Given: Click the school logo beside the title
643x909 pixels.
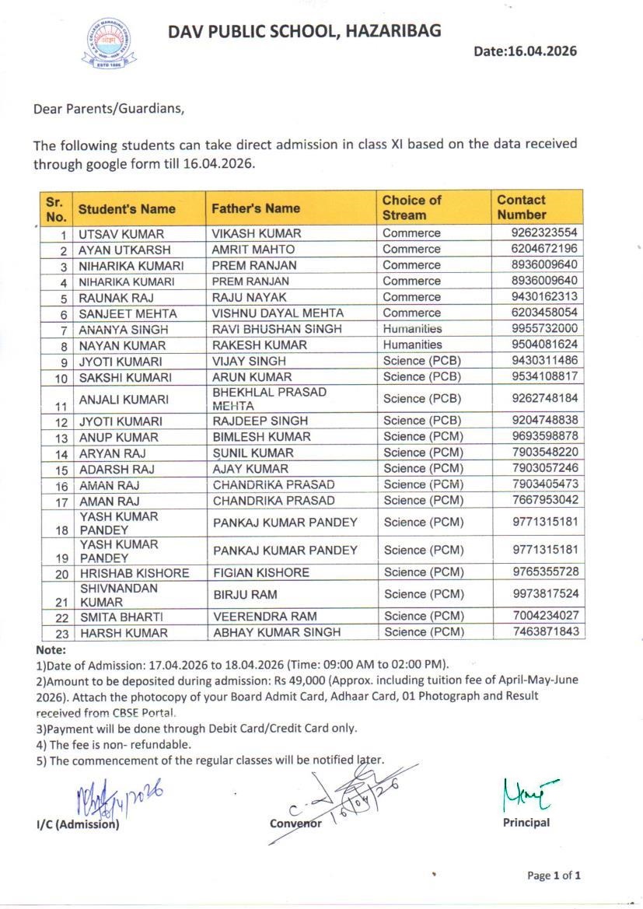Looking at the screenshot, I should pyautogui.click(x=110, y=44).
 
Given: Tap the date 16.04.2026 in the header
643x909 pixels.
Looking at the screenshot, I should pyautogui.click(x=526, y=51).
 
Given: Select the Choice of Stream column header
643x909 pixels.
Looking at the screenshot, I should pyautogui.click(x=411, y=208).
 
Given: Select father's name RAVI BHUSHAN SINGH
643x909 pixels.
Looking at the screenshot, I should pyautogui.click(x=278, y=329).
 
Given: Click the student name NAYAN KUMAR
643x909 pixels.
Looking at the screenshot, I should pyautogui.click(x=122, y=345).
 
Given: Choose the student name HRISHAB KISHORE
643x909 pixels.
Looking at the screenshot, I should pyautogui.click(x=134, y=573).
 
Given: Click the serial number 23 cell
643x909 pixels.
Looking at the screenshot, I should pyautogui.click(x=61, y=633).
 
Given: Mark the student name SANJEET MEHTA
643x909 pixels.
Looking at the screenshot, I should pyautogui.click(x=128, y=313).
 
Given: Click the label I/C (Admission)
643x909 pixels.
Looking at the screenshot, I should pyautogui.click(x=78, y=824).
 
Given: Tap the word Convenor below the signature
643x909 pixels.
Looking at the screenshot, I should pyautogui.click(x=295, y=823).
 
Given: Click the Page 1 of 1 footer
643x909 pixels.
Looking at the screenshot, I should pyautogui.click(x=554, y=876).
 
